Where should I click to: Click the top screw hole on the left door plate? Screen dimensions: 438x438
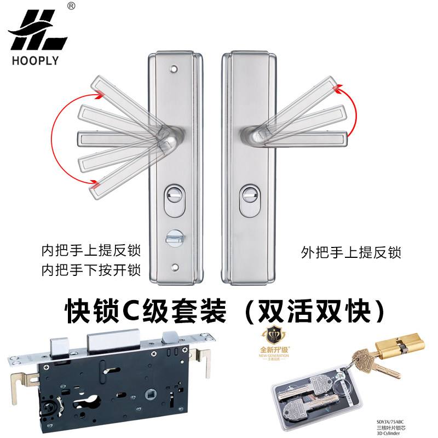174,70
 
